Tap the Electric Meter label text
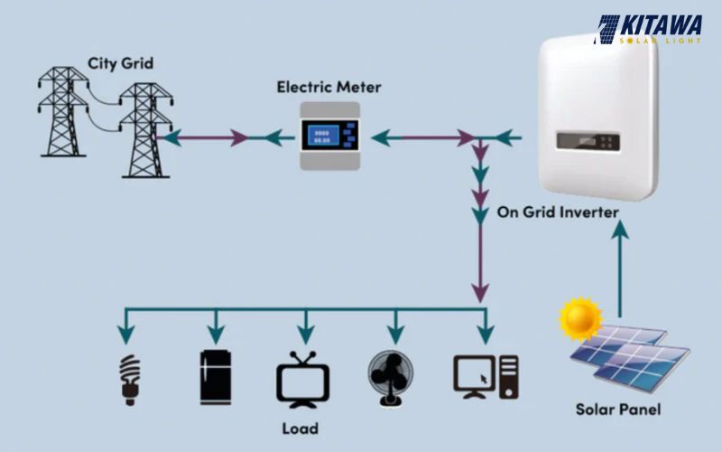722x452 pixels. point(329,88)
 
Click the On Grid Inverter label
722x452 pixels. point(558,213)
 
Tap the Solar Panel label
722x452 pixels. point(618,410)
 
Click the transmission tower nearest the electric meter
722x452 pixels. point(144,130)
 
